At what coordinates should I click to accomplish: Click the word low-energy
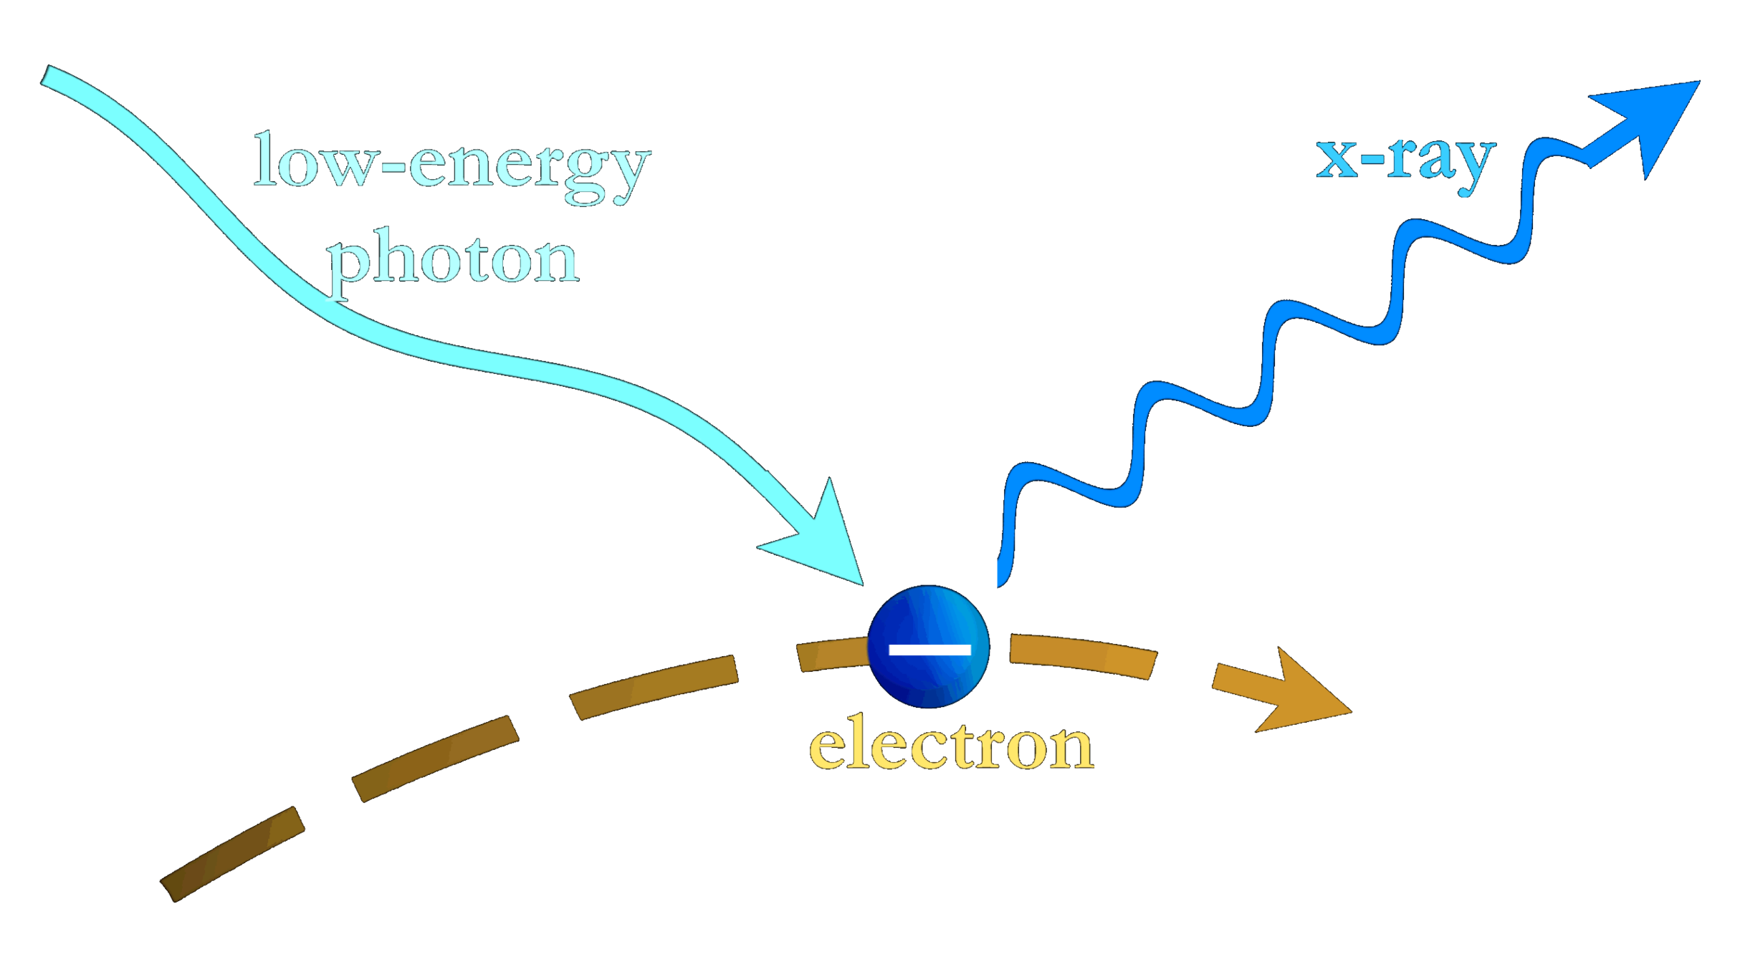pos(452,165)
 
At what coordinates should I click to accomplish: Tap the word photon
pos(453,259)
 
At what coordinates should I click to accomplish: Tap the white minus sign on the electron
pos(929,650)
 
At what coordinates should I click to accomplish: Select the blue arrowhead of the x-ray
pos(1648,122)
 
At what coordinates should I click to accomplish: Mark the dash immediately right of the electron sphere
pos(1082,655)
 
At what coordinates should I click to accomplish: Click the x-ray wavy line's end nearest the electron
pos(1002,577)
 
